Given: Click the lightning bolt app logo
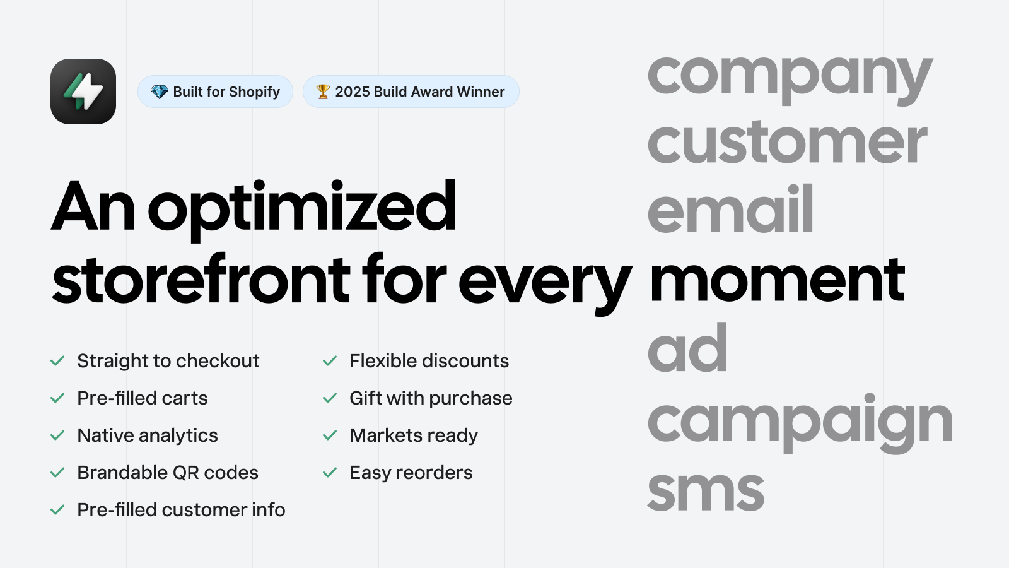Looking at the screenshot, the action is click(x=83, y=92).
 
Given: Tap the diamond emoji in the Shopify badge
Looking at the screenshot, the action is click(x=159, y=92).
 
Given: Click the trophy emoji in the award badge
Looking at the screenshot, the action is click(x=323, y=92).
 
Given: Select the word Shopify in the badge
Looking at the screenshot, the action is click(x=255, y=92).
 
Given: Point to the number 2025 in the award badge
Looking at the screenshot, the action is click(x=353, y=92).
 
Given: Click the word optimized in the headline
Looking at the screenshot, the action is click(x=302, y=210).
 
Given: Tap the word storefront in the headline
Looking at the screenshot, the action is click(x=201, y=278).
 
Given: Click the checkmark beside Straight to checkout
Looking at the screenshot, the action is click(x=57, y=360).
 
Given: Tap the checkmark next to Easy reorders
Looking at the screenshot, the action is click(x=330, y=473).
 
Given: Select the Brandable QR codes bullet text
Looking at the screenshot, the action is click(x=168, y=473).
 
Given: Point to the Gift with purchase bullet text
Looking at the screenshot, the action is click(x=431, y=398).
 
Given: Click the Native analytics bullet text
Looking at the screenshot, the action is click(x=148, y=435).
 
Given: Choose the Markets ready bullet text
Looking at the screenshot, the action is click(x=414, y=435).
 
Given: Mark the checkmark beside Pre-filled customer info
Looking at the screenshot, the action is click(x=57, y=510).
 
